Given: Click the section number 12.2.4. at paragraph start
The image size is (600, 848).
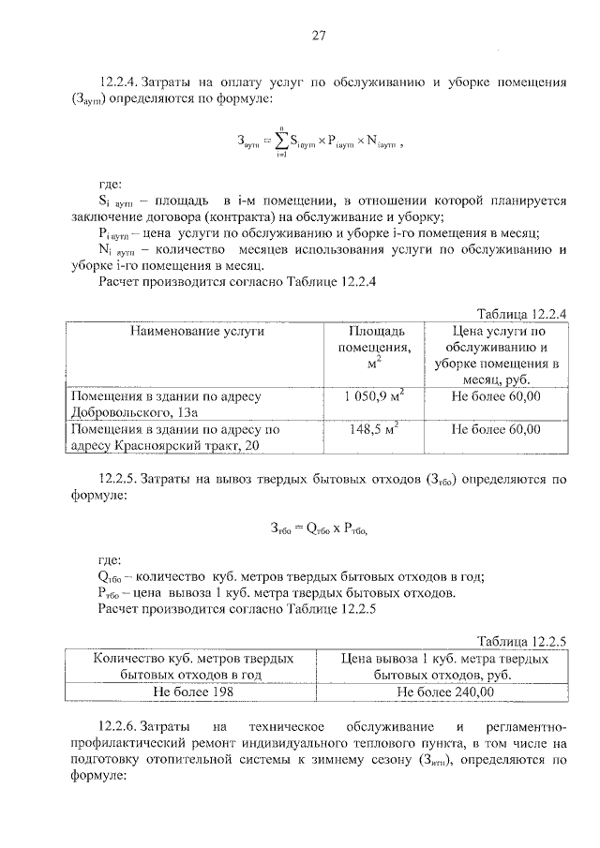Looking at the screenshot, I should [123, 82].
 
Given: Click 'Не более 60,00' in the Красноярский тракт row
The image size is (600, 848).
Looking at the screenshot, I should [495, 430].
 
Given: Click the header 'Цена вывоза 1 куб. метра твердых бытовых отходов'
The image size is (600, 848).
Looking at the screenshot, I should [445, 666].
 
